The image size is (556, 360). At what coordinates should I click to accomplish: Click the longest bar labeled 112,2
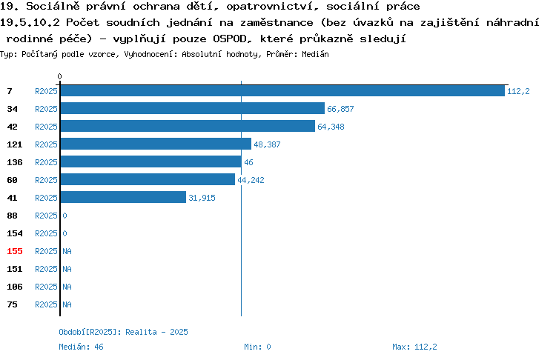click(x=282, y=91)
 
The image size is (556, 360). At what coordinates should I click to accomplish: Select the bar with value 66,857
click(x=193, y=108)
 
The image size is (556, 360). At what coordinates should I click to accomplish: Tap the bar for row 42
click(x=188, y=126)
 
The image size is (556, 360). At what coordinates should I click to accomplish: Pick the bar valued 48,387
click(x=156, y=144)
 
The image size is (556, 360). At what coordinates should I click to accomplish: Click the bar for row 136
click(x=151, y=161)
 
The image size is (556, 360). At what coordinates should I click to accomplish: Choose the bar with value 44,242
click(x=148, y=179)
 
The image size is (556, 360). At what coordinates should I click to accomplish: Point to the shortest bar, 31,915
click(x=123, y=197)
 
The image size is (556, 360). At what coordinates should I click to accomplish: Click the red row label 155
click(x=15, y=251)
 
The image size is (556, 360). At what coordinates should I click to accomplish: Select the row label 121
click(x=15, y=144)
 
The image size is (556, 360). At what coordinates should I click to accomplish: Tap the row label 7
click(x=10, y=91)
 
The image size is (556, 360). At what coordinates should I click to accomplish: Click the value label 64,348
click(x=331, y=127)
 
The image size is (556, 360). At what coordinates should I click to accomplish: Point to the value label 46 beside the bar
click(x=248, y=162)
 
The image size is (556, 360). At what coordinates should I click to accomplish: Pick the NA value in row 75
click(x=67, y=304)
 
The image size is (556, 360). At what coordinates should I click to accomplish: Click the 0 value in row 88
click(x=64, y=216)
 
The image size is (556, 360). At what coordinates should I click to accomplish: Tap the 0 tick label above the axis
click(x=59, y=76)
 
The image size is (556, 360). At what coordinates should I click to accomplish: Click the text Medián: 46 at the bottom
click(x=81, y=347)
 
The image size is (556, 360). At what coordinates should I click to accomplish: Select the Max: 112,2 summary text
click(x=414, y=347)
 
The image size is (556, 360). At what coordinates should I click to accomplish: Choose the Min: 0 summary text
click(x=257, y=347)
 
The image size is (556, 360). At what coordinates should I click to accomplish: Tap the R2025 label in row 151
click(x=46, y=269)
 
